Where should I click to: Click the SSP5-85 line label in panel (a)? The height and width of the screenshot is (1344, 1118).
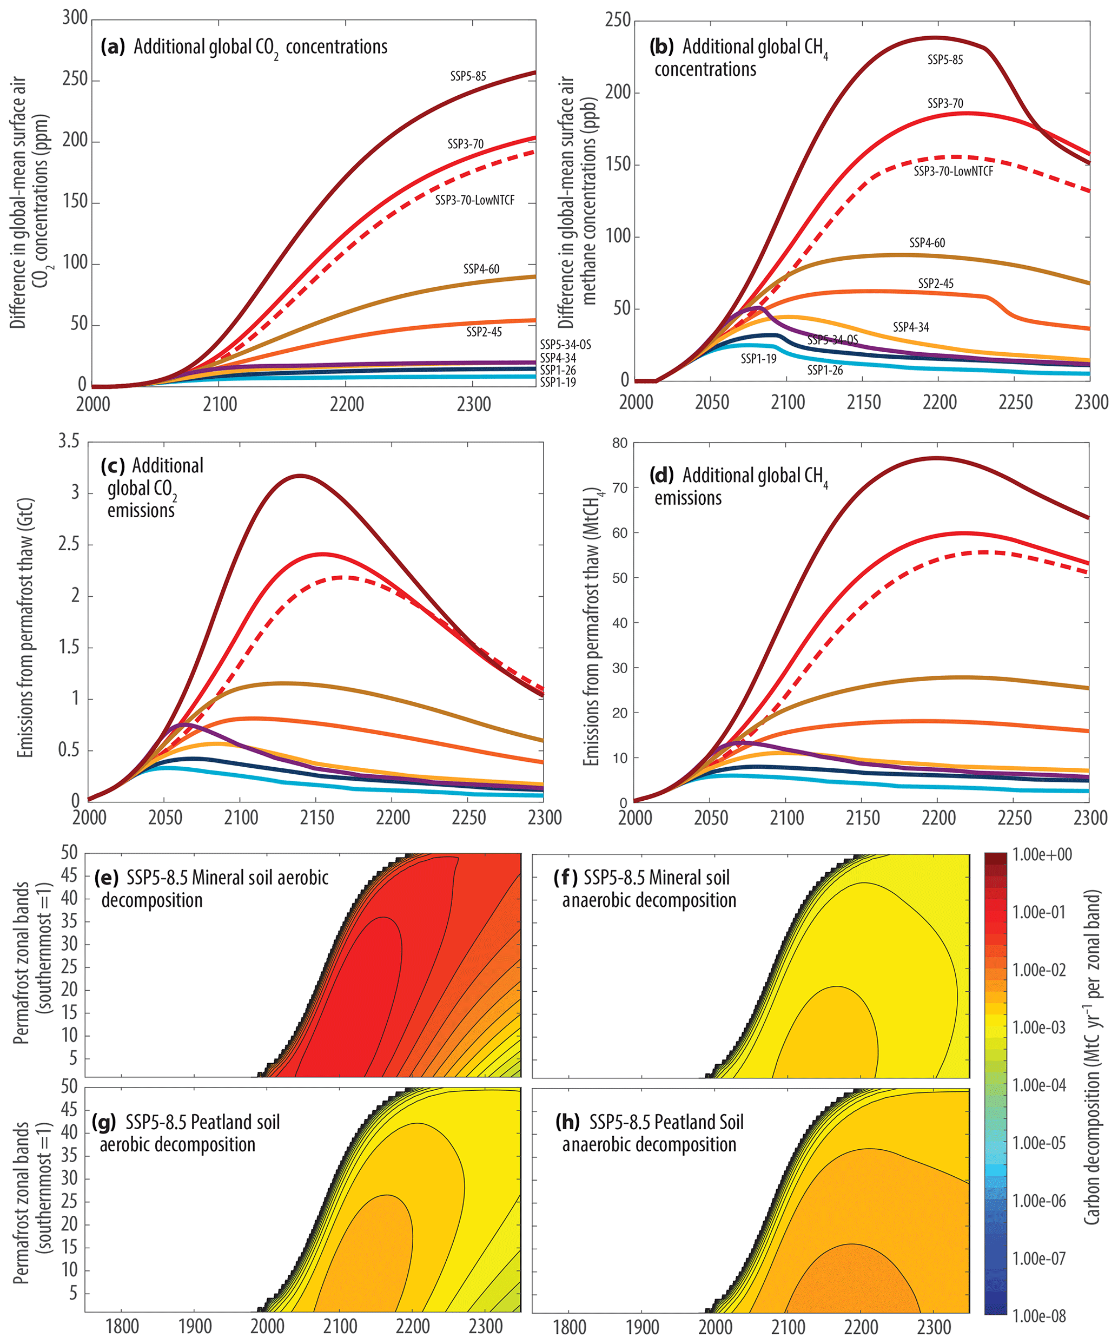coord(468,76)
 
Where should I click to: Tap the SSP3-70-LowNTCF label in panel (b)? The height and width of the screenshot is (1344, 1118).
coord(953,171)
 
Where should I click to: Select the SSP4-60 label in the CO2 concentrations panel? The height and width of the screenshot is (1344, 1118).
coord(481,269)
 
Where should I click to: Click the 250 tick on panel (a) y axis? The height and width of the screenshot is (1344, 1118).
coord(75,78)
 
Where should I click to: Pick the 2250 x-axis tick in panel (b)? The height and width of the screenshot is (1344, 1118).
coord(1015,402)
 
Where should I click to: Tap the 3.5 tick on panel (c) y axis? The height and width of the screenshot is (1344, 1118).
coord(69,441)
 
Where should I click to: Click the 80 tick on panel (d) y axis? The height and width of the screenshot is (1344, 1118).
coord(619,443)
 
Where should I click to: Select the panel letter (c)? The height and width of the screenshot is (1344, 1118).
coord(113,465)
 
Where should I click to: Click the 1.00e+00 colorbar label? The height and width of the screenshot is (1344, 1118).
coord(1042,854)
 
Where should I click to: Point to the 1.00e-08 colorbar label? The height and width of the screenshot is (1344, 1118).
coord(1039,1316)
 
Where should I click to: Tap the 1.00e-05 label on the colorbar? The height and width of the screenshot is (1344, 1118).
coord(1039,1143)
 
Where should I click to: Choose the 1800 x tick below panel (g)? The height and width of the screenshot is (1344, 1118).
coord(122,1326)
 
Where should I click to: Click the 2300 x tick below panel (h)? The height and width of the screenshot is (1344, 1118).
coord(934,1326)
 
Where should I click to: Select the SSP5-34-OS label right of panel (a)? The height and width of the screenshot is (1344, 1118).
coord(565,345)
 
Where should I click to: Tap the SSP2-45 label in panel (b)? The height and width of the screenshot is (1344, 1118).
coord(936,283)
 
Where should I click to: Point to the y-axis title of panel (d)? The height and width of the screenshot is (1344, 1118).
coord(592,627)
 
